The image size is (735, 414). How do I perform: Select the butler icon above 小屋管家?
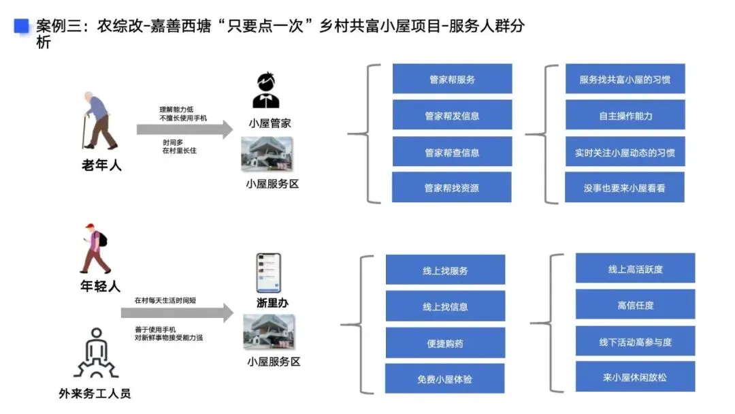266,90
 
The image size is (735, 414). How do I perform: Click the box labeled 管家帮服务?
452,79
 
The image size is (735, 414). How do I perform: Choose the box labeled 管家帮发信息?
452,116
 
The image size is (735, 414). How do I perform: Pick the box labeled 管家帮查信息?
452,152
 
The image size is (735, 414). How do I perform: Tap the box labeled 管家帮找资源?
452,187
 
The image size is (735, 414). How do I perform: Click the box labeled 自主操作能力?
625,115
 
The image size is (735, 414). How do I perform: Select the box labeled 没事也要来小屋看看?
625,187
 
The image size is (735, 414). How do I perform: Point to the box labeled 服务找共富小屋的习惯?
625,79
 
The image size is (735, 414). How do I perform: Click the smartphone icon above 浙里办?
268,273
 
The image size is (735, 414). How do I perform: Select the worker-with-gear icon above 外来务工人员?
96,353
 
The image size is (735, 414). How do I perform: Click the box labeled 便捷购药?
445,343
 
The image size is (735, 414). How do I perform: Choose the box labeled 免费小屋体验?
445,379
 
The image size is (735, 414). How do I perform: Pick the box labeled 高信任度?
635,305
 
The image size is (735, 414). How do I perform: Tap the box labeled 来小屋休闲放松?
635,377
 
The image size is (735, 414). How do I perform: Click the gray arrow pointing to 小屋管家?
184,129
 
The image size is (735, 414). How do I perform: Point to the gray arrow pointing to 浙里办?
177,313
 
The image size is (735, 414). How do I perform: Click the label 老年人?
101,165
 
